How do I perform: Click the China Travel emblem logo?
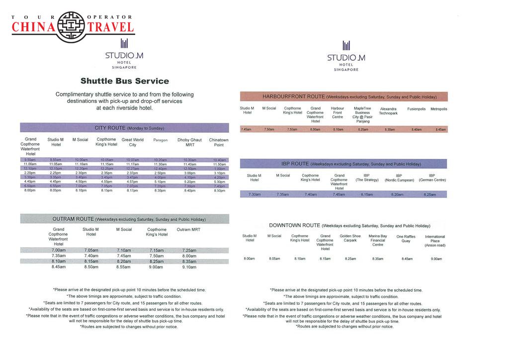pos(73,26)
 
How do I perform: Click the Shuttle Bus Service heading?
pos(124,81)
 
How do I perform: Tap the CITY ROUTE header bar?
pos(124,128)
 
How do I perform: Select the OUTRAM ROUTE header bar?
pos(124,219)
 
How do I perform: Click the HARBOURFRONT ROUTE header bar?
pos(343,96)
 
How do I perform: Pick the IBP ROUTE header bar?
pos(343,164)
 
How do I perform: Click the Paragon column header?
pos(160,140)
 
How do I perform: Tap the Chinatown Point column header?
pos(219,142)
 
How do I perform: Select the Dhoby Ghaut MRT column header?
pos(189,142)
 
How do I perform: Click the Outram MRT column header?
pos(188,230)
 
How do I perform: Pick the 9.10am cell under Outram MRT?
pos(189,267)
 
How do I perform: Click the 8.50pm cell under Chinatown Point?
pos(219,190)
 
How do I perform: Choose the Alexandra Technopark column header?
pos(388,111)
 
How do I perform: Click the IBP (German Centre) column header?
pos(432,178)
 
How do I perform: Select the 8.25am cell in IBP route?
pos(429,194)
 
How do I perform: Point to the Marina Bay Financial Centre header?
pos(378,240)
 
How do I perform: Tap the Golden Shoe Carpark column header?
pos(350,238)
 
